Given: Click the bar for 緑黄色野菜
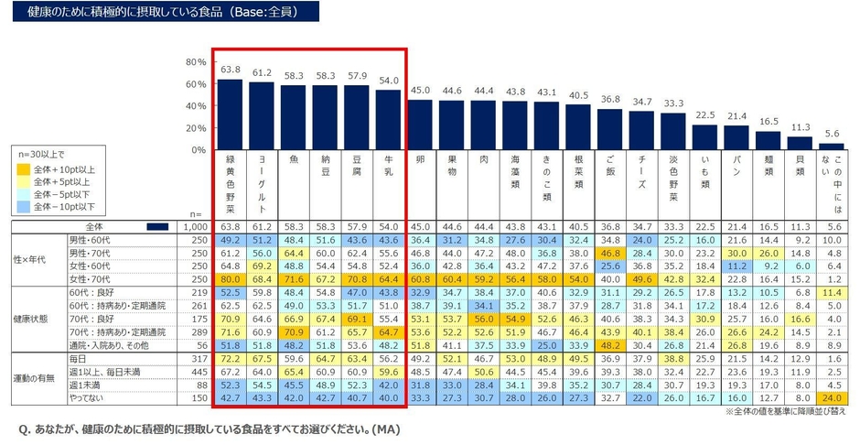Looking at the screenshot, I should tap(231, 114).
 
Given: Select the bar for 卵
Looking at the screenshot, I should tap(420, 125).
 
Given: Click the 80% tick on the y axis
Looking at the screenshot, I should tap(196, 62).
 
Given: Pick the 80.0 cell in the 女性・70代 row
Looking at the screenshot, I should tap(231, 278).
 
